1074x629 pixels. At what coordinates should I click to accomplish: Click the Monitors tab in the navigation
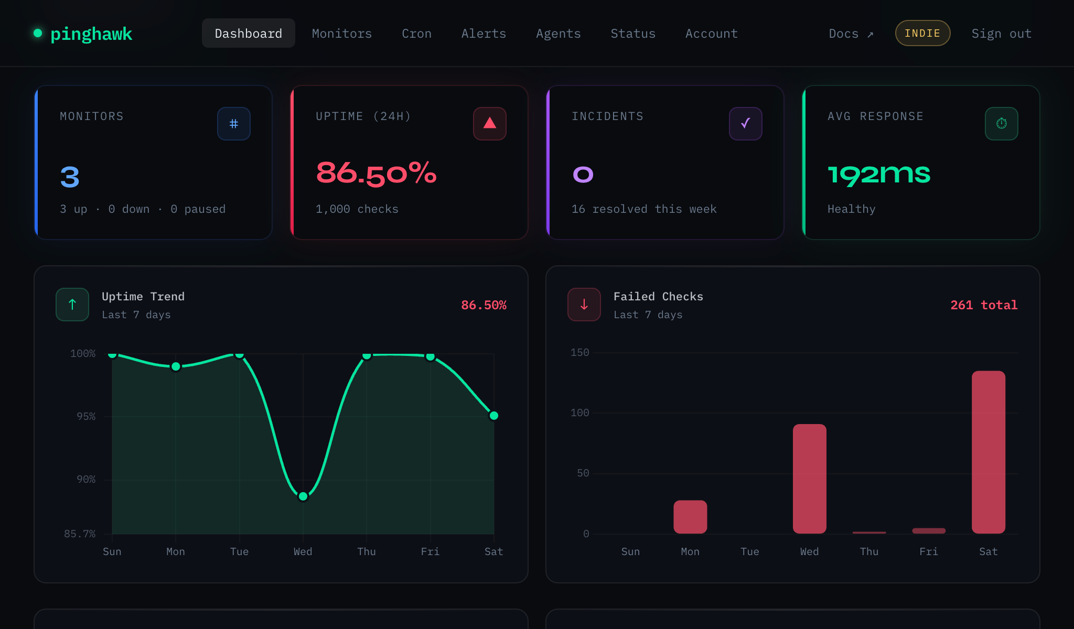(341, 34)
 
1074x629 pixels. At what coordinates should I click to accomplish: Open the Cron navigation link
(416, 34)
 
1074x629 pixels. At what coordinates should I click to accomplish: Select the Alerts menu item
(484, 34)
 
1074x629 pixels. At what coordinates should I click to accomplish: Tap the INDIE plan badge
(922, 33)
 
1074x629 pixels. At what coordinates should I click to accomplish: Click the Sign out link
(1001, 34)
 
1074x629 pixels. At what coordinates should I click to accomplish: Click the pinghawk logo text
(91, 34)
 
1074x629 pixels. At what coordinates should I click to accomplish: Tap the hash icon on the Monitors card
(234, 124)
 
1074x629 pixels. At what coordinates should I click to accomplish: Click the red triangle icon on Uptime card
(490, 124)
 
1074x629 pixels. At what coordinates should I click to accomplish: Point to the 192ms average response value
(879, 174)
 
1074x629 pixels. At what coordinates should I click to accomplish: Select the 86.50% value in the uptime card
(376, 173)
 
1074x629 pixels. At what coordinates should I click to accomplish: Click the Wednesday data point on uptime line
(303, 496)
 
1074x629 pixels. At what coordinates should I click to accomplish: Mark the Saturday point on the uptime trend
(493, 416)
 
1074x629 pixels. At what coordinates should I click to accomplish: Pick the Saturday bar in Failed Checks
(988, 452)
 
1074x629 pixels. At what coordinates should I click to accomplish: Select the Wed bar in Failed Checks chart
(809, 478)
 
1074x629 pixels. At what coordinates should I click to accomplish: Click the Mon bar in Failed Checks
(690, 516)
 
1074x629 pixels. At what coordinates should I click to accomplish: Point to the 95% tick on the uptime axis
(86, 416)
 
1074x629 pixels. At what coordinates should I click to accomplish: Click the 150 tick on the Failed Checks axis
(579, 352)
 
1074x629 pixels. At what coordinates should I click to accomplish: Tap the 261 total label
(984, 305)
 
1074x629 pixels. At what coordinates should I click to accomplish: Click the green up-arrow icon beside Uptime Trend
(72, 305)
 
